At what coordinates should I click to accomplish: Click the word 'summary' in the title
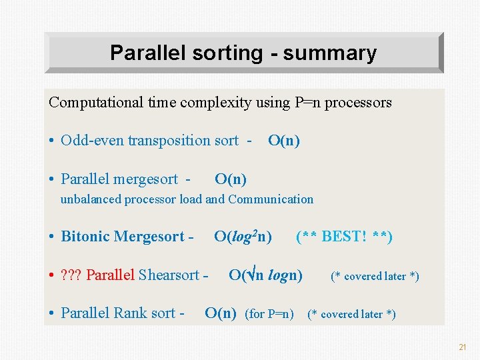329,53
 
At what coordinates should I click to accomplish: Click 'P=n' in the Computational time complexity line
309,103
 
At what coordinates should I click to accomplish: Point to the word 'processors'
360,103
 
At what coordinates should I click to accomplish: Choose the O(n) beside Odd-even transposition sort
283,140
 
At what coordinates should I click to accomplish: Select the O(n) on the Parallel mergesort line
231,179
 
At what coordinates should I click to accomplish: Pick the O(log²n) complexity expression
243,237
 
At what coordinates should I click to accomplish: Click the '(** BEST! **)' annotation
344,237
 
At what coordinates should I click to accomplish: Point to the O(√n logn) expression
265,275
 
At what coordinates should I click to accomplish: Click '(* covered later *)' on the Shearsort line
375,276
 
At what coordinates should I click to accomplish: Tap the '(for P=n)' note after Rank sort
269,314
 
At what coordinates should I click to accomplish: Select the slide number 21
462,347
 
